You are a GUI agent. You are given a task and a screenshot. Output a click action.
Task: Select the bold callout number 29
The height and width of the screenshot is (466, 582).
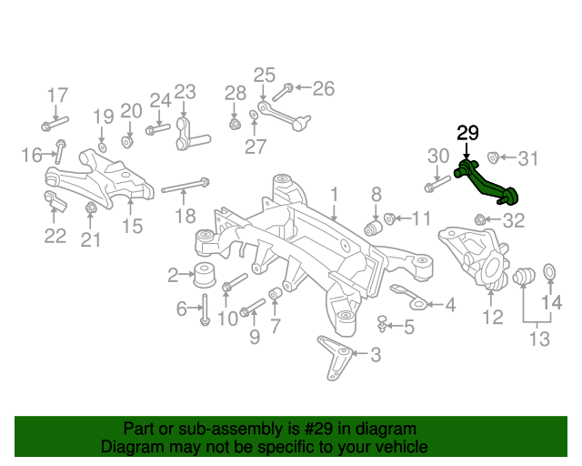pyautogui.click(x=467, y=133)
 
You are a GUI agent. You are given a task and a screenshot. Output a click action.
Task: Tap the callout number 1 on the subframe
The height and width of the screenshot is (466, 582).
pyautogui.click(x=334, y=194)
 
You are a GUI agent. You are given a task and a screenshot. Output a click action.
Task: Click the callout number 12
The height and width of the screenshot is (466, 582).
pyautogui.click(x=492, y=318)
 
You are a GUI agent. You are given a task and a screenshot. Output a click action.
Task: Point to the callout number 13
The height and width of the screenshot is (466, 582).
pyautogui.click(x=539, y=339)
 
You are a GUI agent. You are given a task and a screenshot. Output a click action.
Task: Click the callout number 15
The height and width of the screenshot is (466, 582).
pyautogui.click(x=133, y=226)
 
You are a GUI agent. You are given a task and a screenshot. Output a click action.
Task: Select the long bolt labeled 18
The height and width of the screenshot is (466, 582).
pyautogui.click(x=186, y=187)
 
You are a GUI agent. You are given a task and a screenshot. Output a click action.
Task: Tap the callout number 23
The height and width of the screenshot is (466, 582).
pyautogui.click(x=185, y=91)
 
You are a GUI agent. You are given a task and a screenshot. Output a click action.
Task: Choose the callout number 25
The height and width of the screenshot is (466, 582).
pyautogui.click(x=264, y=75)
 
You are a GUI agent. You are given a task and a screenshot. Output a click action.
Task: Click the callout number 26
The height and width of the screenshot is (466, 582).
pyautogui.click(x=323, y=88)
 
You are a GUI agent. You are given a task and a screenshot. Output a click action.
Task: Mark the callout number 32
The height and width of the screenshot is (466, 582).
pyautogui.click(x=513, y=219)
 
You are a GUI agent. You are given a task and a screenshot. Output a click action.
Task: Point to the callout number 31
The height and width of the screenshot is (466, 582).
pyautogui.click(x=528, y=158)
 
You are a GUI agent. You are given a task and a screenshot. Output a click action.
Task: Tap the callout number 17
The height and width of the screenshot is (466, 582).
pyautogui.click(x=57, y=95)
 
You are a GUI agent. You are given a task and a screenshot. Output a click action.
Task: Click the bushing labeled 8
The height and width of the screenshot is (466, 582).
pyautogui.click(x=371, y=225)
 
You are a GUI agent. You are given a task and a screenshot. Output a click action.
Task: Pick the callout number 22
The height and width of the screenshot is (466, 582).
pyautogui.click(x=55, y=236)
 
